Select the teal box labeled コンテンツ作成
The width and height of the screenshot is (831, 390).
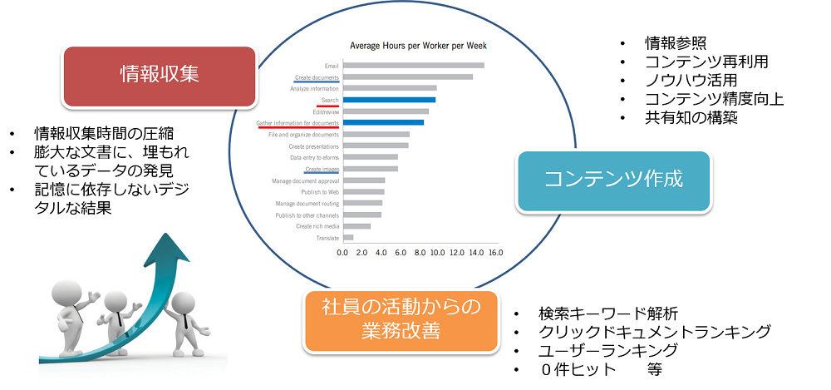click(614, 180)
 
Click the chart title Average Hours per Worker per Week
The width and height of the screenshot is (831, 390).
click(418, 46)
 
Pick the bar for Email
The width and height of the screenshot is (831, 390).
click(413, 65)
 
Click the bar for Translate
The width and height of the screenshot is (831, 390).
click(347, 238)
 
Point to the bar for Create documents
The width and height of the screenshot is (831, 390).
click(407, 77)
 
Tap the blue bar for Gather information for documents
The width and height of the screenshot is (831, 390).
click(383, 122)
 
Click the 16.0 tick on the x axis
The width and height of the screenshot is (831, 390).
click(495, 252)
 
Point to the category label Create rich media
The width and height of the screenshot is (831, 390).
click(317, 226)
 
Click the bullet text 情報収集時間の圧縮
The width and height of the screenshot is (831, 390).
click(103, 135)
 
